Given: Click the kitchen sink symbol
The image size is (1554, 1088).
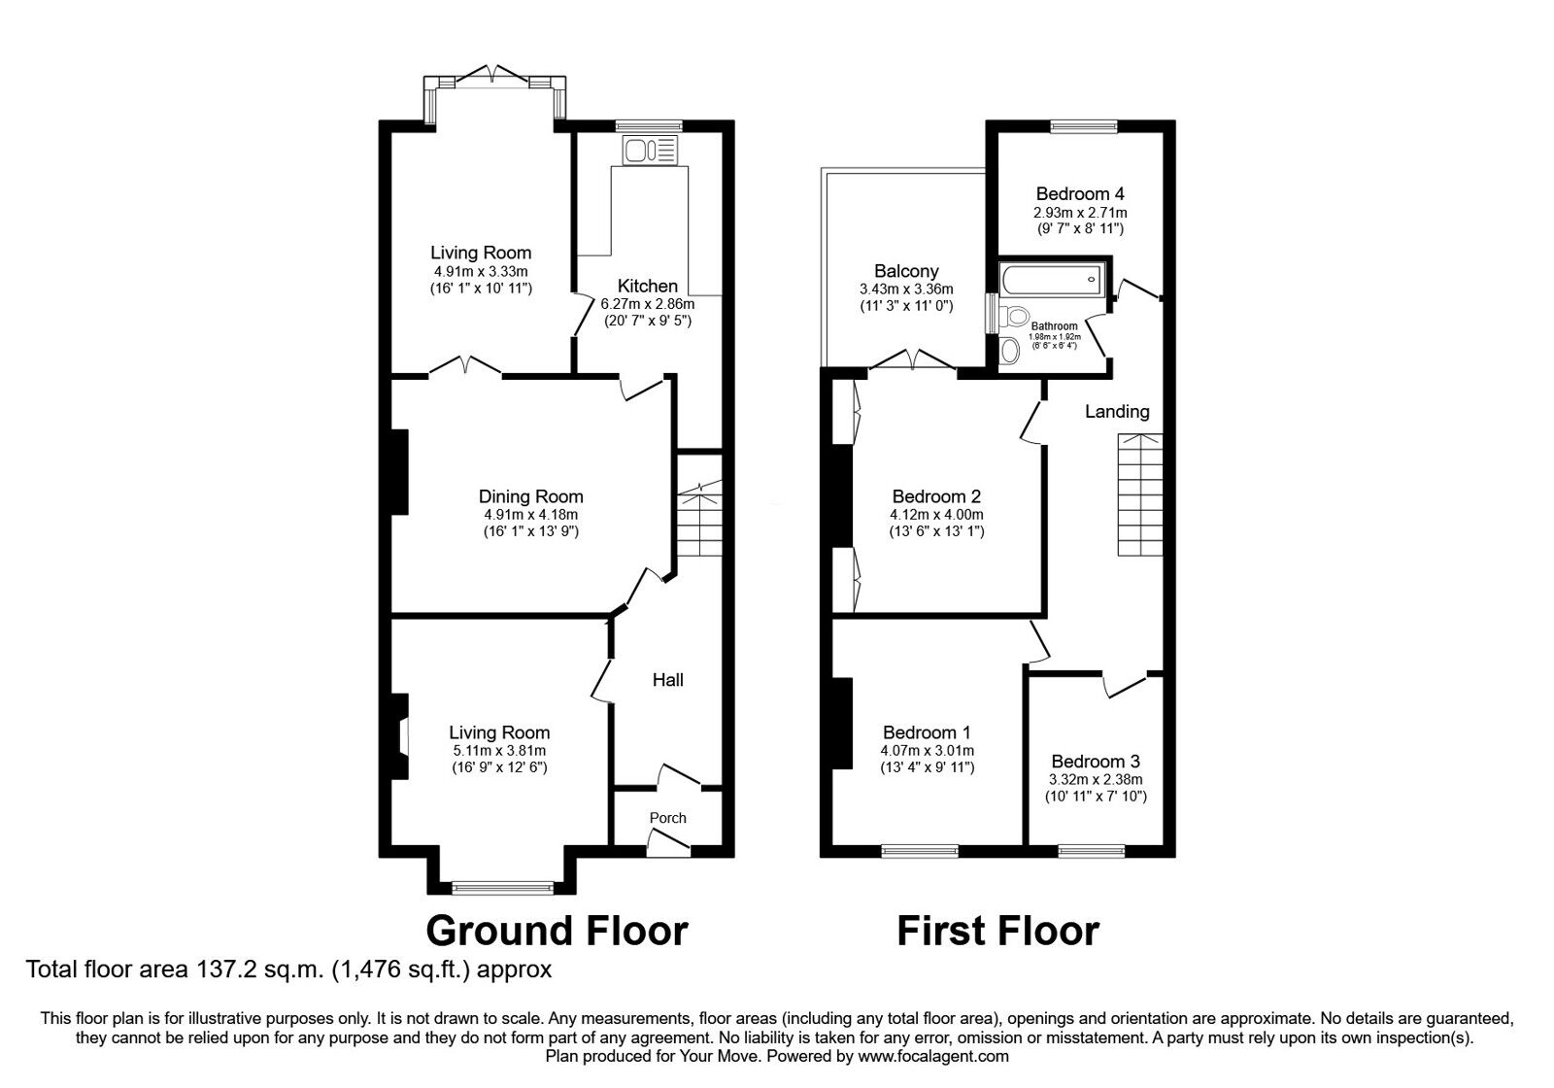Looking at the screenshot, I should pyautogui.click(x=651, y=151).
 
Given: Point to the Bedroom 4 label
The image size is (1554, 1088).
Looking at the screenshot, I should pyautogui.click(x=1080, y=193).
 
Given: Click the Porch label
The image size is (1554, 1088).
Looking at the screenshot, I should pyautogui.click(x=667, y=818).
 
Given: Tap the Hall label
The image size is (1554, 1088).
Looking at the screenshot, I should pyautogui.click(x=667, y=680).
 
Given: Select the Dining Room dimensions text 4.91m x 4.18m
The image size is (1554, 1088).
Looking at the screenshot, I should pyautogui.click(x=531, y=515).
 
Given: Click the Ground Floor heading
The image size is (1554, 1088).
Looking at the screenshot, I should pyautogui.click(x=557, y=930).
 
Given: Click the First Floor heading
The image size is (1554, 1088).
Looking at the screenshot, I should pyautogui.click(x=997, y=930).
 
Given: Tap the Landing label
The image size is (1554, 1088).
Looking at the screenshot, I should pyautogui.click(x=1116, y=412).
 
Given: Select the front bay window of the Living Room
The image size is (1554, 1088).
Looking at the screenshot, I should pyautogui.click(x=503, y=886).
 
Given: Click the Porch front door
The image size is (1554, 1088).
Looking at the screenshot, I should pyautogui.click(x=668, y=847).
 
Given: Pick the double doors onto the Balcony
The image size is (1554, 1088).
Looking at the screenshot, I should pyautogui.click(x=912, y=361).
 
